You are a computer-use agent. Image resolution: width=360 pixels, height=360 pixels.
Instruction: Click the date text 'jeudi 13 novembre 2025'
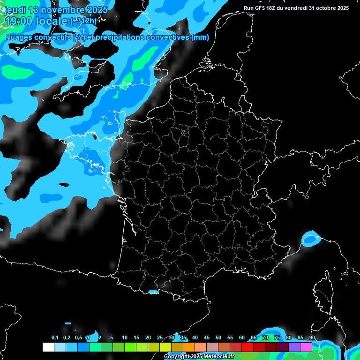tap(56, 10)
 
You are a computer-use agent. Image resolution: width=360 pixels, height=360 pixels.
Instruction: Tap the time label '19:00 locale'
tap(36, 21)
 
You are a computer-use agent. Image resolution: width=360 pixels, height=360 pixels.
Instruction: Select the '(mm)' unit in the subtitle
tap(200, 38)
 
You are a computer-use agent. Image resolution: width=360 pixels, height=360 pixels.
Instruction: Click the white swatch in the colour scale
tap(48, 347)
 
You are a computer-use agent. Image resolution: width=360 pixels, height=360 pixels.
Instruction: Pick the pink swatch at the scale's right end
tap(306, 347)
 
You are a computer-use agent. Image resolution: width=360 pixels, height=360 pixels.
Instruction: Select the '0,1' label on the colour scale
tap(55, 337)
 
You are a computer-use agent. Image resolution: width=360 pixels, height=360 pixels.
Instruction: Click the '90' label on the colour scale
tap(312, 337)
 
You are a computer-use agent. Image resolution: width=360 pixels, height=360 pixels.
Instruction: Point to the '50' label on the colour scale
tap(218, 337)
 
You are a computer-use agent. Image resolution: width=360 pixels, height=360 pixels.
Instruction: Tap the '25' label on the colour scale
tap(160, 337)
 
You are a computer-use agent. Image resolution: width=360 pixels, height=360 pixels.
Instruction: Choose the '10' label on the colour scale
tap(125, 337)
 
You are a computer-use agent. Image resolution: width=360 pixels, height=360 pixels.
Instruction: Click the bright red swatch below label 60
tap(247, 347)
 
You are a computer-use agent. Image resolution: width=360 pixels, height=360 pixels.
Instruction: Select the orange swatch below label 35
tap(189, 347)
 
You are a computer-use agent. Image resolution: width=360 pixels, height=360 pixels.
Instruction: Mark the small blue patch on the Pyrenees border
tap(153, 292)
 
